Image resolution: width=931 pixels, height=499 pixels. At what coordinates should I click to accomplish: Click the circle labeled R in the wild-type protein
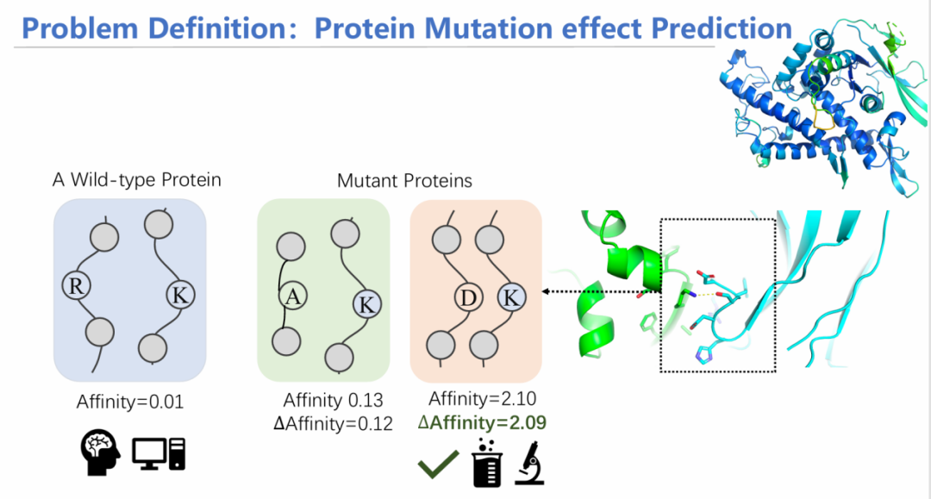(77, 285)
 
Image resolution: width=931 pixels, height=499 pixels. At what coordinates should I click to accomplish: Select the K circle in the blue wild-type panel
(180, 294)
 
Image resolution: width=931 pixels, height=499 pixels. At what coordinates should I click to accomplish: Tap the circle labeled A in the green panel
(293, 296)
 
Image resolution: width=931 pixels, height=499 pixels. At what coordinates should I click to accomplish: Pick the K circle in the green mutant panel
(367, 305)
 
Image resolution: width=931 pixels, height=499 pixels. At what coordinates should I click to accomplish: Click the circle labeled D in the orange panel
(468, 297)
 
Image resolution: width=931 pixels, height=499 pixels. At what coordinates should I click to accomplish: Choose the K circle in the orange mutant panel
(512, 297)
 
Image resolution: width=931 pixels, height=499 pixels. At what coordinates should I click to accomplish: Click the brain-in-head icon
(100, 452)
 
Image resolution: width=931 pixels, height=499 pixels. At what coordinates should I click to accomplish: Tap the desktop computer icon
(159, 454)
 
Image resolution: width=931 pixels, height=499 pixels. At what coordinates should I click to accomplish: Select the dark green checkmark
(438, 464)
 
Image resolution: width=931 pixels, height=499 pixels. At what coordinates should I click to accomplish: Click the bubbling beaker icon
(487, 464)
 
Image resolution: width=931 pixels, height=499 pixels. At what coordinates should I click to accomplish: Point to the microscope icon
(529, 463)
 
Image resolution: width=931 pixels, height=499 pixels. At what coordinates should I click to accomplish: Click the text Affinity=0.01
(130, 402)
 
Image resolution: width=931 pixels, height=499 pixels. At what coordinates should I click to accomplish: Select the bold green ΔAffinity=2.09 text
(482, 422)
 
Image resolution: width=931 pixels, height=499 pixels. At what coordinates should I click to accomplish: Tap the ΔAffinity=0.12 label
(333, 424)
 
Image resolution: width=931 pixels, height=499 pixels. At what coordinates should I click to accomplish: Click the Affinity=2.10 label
(482, 398)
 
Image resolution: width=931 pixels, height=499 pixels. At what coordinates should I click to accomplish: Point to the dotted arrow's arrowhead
(545, 291)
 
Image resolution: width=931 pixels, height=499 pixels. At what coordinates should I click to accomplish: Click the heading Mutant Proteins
(404, 180)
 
